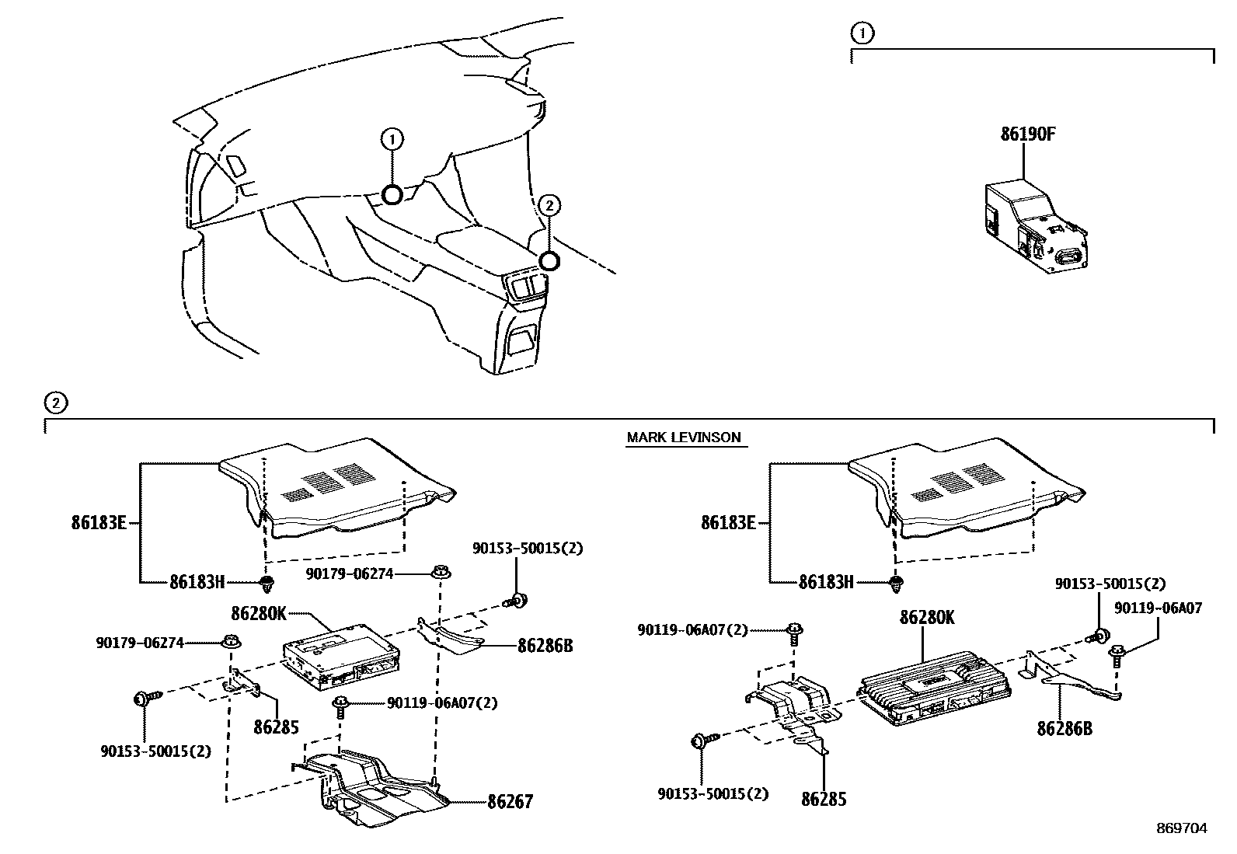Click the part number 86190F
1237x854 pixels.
1027,134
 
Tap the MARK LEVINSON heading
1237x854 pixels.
684,437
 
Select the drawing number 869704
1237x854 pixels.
1181,828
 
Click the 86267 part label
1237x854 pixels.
510,801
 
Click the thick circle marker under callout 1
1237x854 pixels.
392,194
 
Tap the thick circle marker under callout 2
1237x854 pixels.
549,261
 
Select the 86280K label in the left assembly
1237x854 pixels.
259,613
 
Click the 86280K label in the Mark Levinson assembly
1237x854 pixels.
927,618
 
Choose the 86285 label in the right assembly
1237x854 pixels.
824,799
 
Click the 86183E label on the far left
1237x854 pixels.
99,523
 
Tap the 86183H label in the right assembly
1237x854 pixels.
826,581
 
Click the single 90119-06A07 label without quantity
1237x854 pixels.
1158,608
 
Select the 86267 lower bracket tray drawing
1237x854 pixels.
373,789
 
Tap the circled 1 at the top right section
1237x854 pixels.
862,33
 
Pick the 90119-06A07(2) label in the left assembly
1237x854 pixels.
442,703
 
